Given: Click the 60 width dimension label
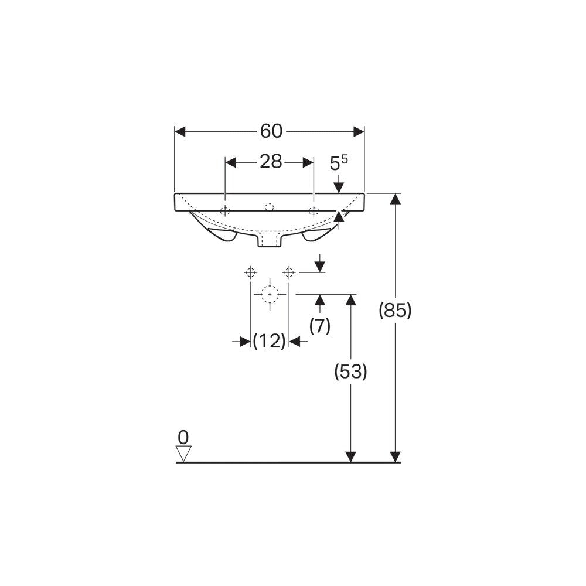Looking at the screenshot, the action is tap(271, 131).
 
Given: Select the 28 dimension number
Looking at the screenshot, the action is tap(271, 162).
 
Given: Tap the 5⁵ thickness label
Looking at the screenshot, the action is tap(339, 163).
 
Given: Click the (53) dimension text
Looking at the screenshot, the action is tap(350, 372).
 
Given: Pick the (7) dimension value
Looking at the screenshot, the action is tap(320, 326).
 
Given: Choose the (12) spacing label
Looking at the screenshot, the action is tap(270, 341).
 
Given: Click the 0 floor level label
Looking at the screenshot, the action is tap(183, 437).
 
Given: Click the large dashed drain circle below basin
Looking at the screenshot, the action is tap(270, 294).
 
